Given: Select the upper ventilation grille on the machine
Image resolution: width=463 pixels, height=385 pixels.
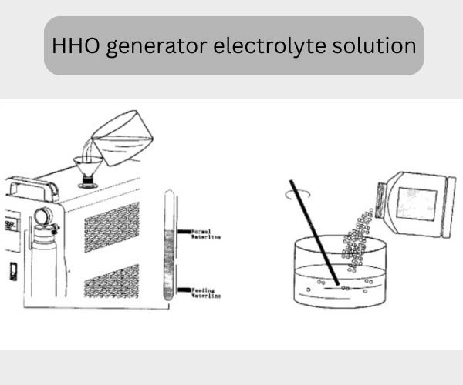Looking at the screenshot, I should coord(111,227).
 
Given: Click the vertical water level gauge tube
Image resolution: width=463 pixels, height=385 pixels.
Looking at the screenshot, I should coord(170,246).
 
